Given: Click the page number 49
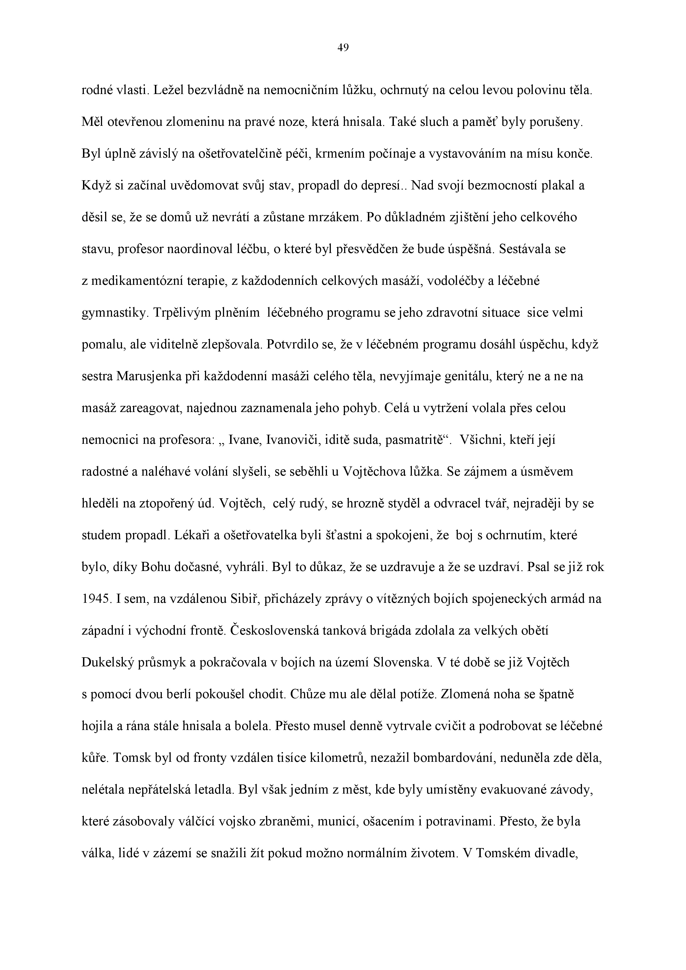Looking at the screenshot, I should (343, 48).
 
